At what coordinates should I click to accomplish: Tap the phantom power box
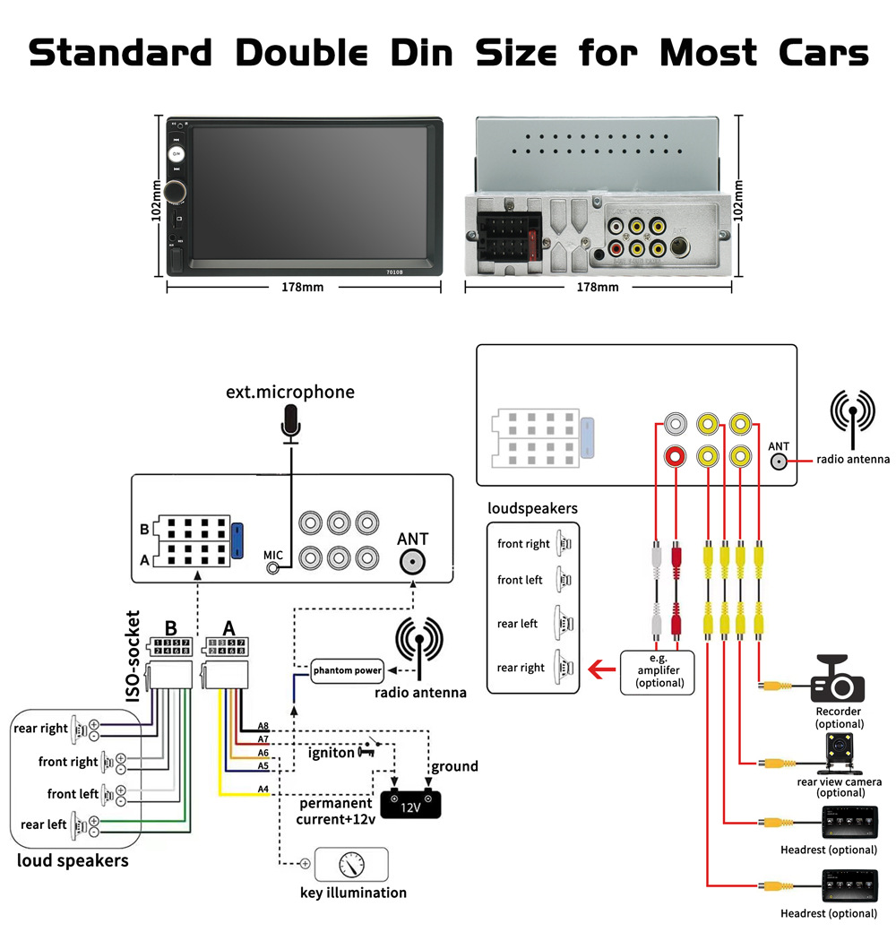tap(348, 669)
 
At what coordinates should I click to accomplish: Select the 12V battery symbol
tap(410, 803)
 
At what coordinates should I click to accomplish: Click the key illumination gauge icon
tap(352, 864)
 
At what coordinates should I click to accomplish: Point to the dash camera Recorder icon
tap(837, 681)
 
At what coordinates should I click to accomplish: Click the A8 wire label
tap(263, 726)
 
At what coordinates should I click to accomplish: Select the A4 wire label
tap(263, 790)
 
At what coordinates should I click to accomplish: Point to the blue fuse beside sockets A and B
tap(237, 540)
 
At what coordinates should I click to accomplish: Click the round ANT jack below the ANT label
tap(413, 563)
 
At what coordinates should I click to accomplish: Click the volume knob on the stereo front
tap(177, 191)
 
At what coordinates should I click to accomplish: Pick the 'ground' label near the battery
tap(454, 766)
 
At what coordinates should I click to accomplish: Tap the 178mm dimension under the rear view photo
tap(598, 288)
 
